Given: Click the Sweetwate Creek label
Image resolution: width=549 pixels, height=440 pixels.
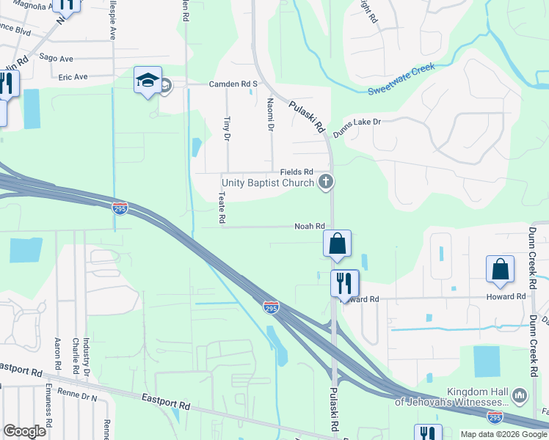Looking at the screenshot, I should click(401, 78).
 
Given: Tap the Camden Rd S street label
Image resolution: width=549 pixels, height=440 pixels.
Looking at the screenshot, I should click(233, 84).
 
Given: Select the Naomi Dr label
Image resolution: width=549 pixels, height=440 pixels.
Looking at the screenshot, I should click(270, 114).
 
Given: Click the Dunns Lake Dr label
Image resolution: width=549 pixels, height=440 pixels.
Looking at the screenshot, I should click(357, 127).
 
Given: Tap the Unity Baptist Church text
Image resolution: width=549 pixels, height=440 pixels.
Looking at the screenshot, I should click(269, 183).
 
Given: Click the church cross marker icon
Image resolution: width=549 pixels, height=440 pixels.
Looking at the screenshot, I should click(326, 183).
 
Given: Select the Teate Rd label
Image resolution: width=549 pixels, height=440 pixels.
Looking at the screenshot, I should click(221, 208).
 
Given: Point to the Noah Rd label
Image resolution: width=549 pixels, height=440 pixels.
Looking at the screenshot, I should click(309, 226).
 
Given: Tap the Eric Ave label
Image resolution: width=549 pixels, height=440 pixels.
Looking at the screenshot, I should click(73, 76).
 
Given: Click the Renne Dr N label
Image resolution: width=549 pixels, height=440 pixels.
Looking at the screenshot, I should click(80, 397).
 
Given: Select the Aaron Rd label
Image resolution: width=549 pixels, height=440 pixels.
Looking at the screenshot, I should click(57, 354).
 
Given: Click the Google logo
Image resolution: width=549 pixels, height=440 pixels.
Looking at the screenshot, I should click(25, 431).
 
